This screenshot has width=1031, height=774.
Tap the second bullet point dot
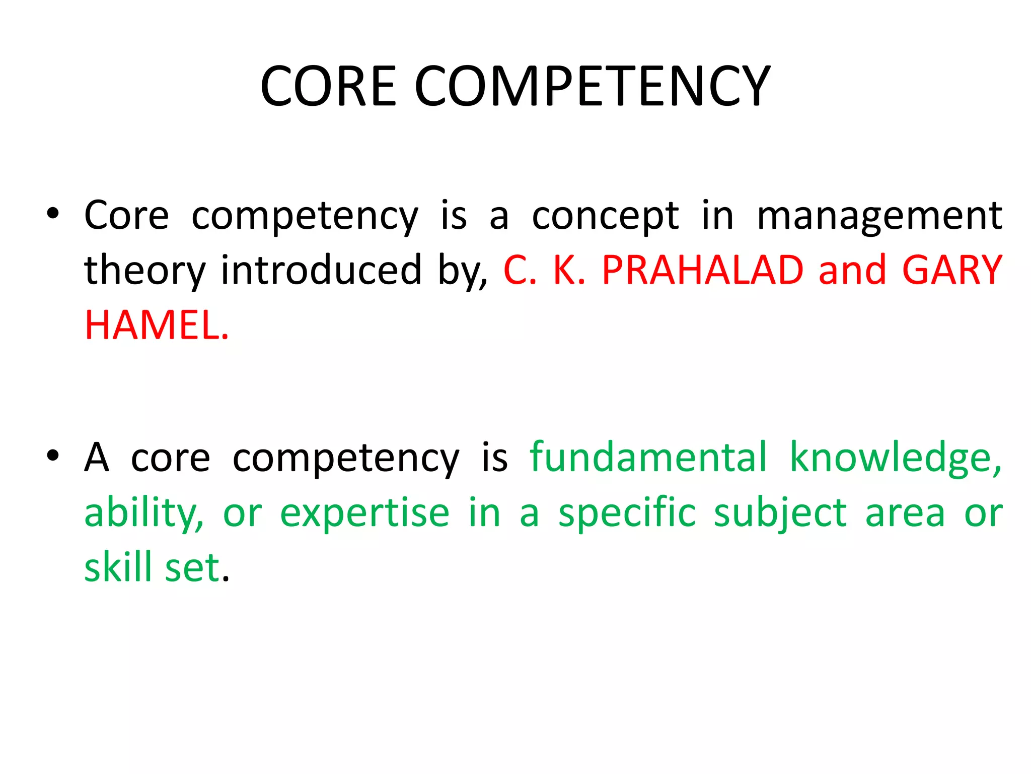pyautogui.click(x=52, y=456)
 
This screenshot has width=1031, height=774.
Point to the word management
pyautogui.click(x=879, y=216)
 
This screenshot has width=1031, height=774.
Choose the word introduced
pyautogui.click(x=321, y=270)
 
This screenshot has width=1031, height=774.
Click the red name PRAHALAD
pyautogui.click(x=702, y=270)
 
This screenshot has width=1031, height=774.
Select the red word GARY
pyautogui.click(x=952, y=270)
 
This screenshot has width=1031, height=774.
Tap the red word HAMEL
pyautogui.click(x=157, y=326)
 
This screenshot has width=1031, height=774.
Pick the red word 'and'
pyautogui.click(x=852, y=270)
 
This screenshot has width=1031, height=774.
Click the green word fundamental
pyautogui.click(x=648, y=457)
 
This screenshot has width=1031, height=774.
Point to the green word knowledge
pyautogui.click(x=895, y=458)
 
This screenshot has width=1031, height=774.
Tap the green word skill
pyautogui.click(x=118, y=567)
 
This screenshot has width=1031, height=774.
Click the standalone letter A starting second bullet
pyautogui.click(x=96, y=457)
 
